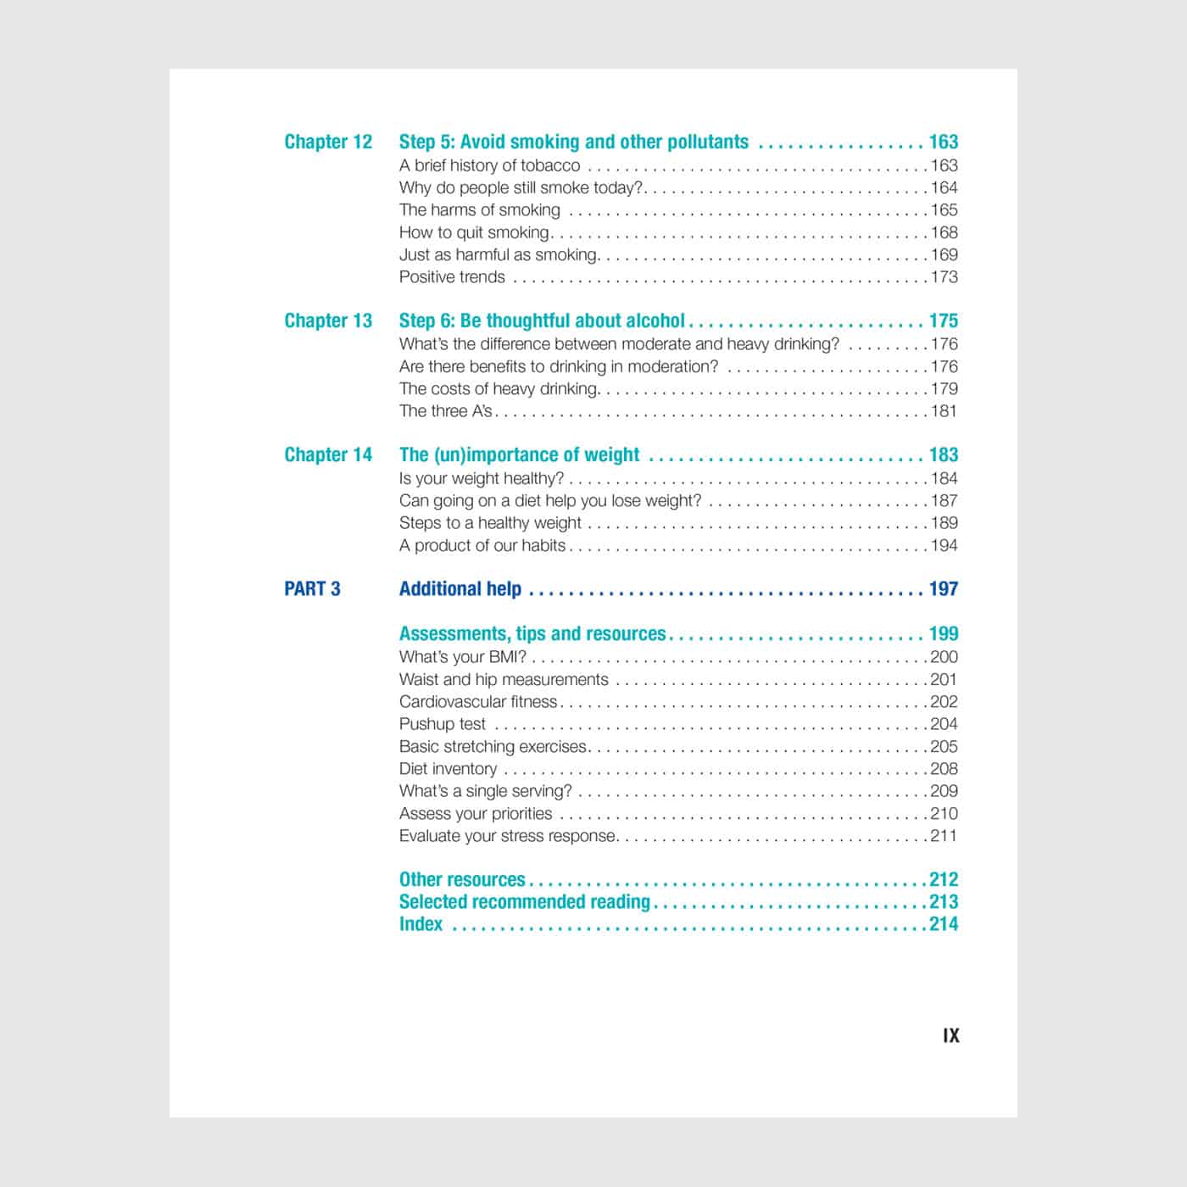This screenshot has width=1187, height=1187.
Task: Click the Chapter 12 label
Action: (328, 142)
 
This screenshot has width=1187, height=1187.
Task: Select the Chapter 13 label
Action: (328, 320)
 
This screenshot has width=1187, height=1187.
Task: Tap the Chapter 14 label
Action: (328, 454)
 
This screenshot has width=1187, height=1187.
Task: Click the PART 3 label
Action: (312, 588)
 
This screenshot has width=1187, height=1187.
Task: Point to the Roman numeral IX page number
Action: (950, 1035)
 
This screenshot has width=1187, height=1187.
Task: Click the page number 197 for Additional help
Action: (944, 588)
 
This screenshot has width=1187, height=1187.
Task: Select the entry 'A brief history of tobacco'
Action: (489, 165)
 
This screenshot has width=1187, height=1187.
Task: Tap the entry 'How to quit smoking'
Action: (474, 232)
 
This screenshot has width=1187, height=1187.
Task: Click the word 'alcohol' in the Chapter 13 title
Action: (655, 320)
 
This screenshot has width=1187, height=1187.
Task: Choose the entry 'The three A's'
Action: (445, 411)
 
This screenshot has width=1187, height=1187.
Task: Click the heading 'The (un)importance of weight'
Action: (519, 454)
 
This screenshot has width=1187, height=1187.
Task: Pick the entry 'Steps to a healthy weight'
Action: (490, 523)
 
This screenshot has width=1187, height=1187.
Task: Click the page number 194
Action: (945, 545)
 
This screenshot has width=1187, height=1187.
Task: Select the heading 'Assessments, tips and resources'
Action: (532, 633)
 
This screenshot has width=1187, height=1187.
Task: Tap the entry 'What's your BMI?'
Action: (462, 657)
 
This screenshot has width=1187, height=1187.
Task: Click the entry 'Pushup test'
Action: (442, 724)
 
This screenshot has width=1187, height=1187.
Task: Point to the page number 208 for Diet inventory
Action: (945, 769)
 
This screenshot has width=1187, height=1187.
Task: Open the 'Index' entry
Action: (421, 924)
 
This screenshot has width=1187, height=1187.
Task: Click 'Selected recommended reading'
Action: (524, 901)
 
